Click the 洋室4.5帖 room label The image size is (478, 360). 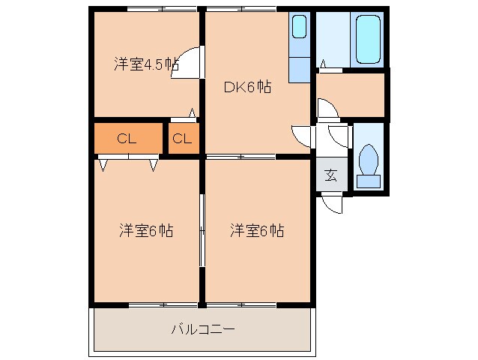146,64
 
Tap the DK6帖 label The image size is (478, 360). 248,87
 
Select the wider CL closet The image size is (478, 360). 128,139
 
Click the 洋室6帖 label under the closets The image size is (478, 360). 146,230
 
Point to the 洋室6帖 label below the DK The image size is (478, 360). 257,230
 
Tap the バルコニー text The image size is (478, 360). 203,328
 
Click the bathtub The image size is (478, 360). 368,39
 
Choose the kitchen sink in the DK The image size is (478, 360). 299,28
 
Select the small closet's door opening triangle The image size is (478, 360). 192,115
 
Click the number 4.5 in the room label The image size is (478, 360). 160,64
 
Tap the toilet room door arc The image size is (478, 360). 339,136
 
